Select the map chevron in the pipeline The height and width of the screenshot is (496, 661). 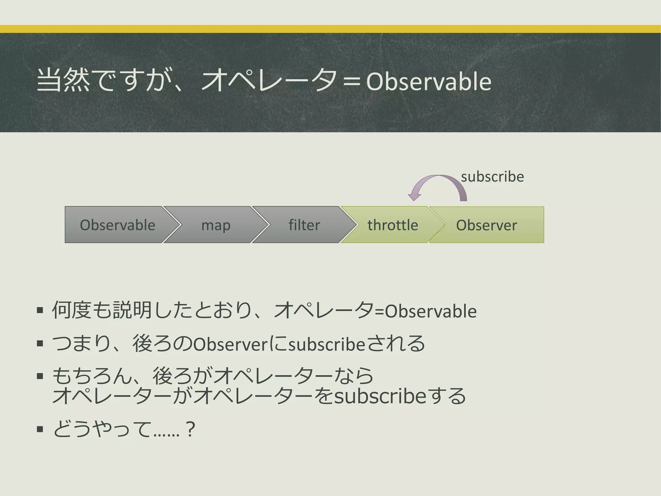pos(216,225)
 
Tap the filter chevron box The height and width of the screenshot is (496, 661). pos(304,225)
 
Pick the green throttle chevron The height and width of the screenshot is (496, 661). pos(392,225)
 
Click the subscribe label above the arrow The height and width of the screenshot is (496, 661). pos(492,177)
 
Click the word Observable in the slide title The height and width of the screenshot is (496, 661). pos(429,81)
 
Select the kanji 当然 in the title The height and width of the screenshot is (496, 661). pos(63,81)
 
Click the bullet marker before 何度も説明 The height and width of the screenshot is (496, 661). pos(40,311)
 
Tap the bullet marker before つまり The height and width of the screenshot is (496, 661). pos(40,344)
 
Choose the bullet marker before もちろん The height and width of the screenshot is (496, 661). pos(40,376)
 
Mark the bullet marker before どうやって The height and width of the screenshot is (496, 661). pos(40,429)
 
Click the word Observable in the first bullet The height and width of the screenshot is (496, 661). pos(431,311)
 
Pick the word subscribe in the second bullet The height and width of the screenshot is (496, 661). pos(327,344)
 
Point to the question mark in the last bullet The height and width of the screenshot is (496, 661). pos(190,429)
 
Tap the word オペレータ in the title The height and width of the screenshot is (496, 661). pos(269,81)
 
